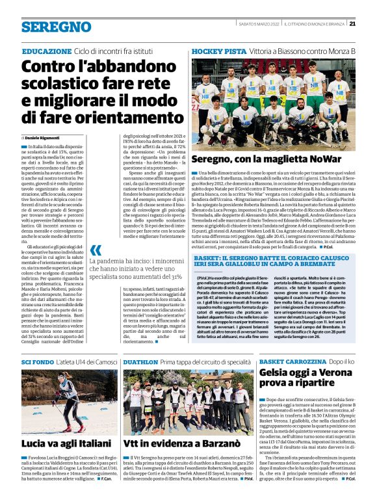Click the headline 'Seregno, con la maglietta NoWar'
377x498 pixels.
(263, 159)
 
